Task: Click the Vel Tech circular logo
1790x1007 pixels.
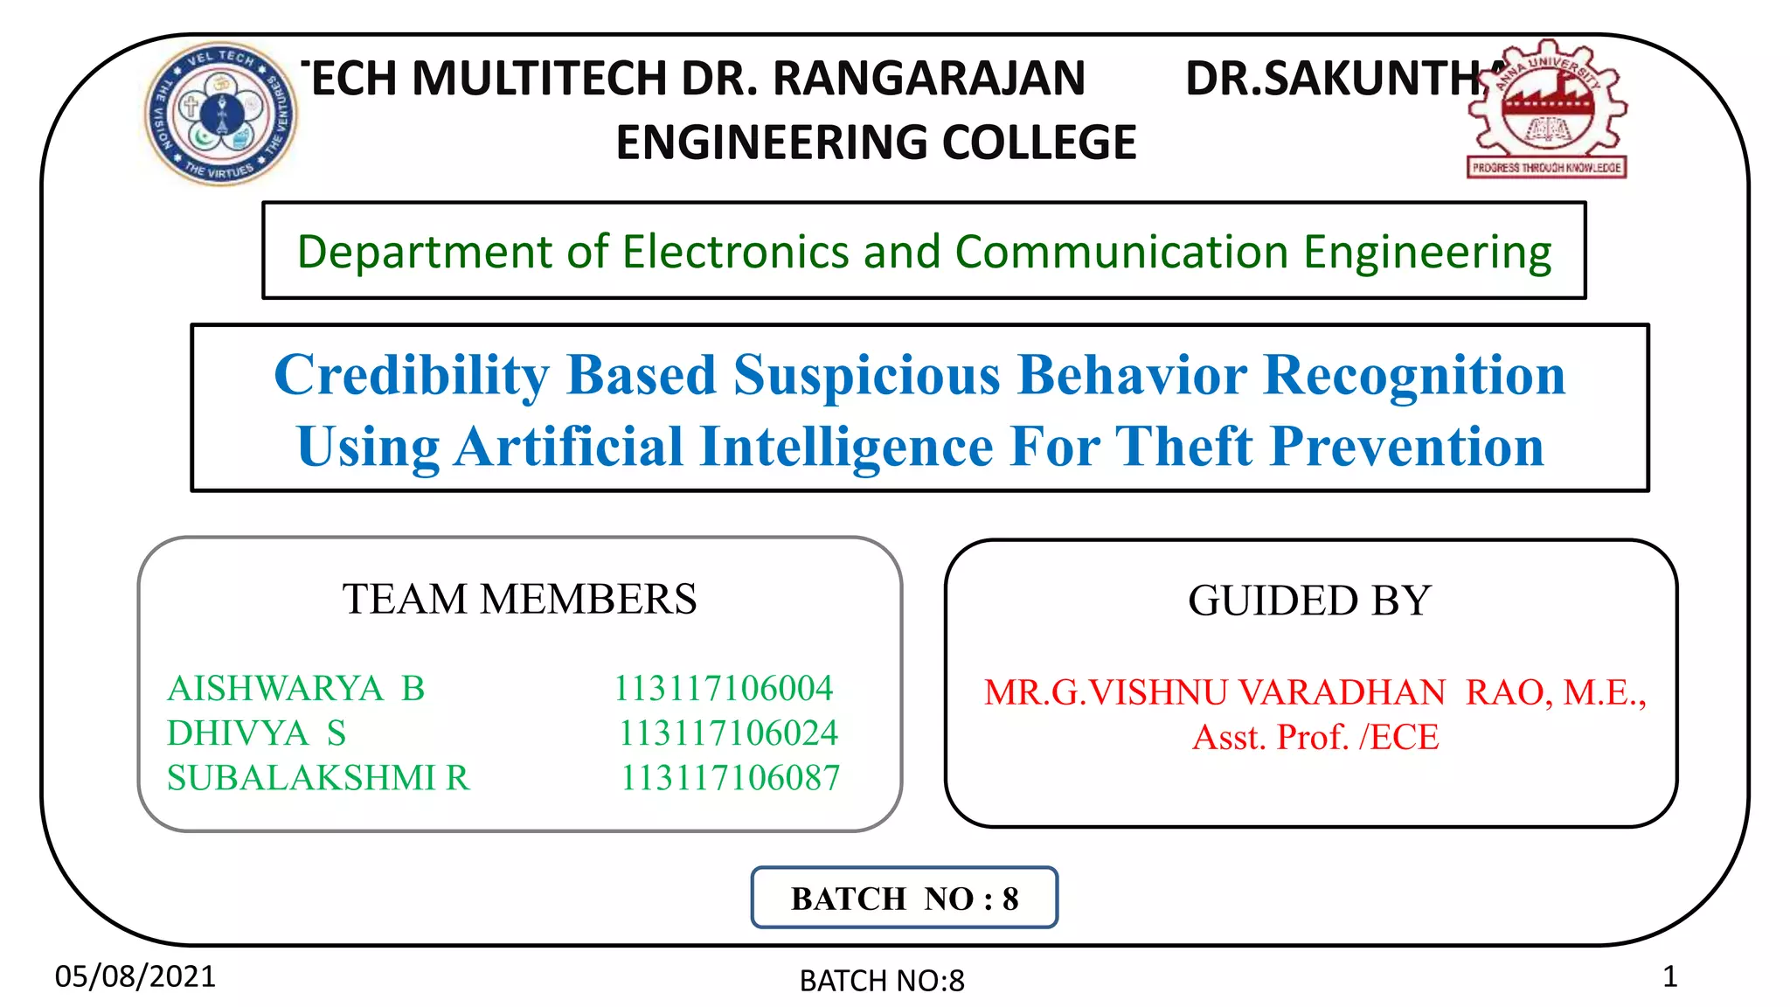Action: (220, 113)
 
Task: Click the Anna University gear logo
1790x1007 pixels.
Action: (1546, 109)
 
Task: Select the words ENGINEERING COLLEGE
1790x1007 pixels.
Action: (876, 142)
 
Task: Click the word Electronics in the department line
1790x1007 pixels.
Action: (735, 252)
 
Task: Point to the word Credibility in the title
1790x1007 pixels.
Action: (411, 375)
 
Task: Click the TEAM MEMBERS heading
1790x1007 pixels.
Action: (519, 600)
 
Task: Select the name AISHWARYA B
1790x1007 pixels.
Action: (295, 689)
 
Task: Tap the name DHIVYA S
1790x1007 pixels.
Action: (256, 733)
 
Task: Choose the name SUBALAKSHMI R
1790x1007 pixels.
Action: (318, 778)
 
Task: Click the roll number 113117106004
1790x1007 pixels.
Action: (723, 689)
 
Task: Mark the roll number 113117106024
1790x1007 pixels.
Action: (728, 733)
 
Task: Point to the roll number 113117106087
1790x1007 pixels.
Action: (730, 778)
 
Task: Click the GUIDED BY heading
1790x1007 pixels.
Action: (1309, 601)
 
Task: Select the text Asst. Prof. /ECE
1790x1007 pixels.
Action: (1315, 738)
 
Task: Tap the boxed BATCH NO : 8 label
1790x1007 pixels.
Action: (905, 899)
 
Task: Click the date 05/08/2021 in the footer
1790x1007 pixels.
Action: (135, 976)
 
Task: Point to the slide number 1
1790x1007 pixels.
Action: (1669, 976)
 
